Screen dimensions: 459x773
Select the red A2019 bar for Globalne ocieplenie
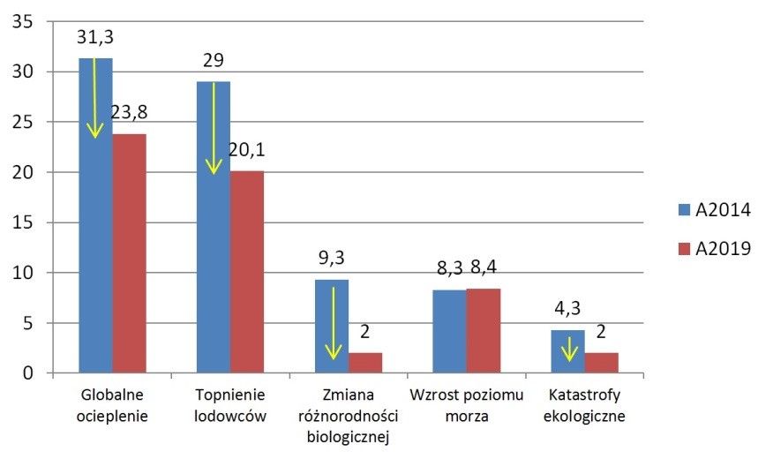click(x=129, y=256)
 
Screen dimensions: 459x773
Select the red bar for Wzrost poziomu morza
click(x=484, y=331)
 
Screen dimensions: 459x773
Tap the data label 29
click(x=214, y=61)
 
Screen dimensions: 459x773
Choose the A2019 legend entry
click(x=715, y=249)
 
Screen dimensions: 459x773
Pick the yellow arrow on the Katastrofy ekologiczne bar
click(x=569, y=349)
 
